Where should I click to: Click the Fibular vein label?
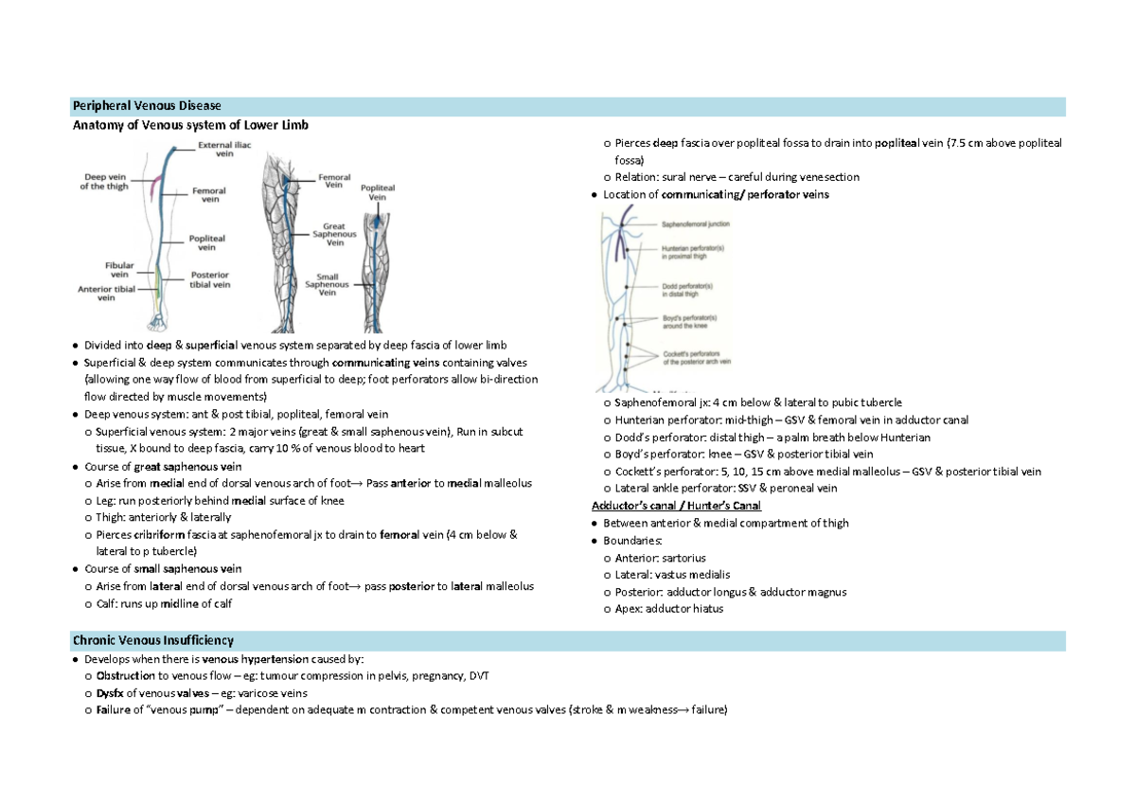[119, 270]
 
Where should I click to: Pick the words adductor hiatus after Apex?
[683, 609]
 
